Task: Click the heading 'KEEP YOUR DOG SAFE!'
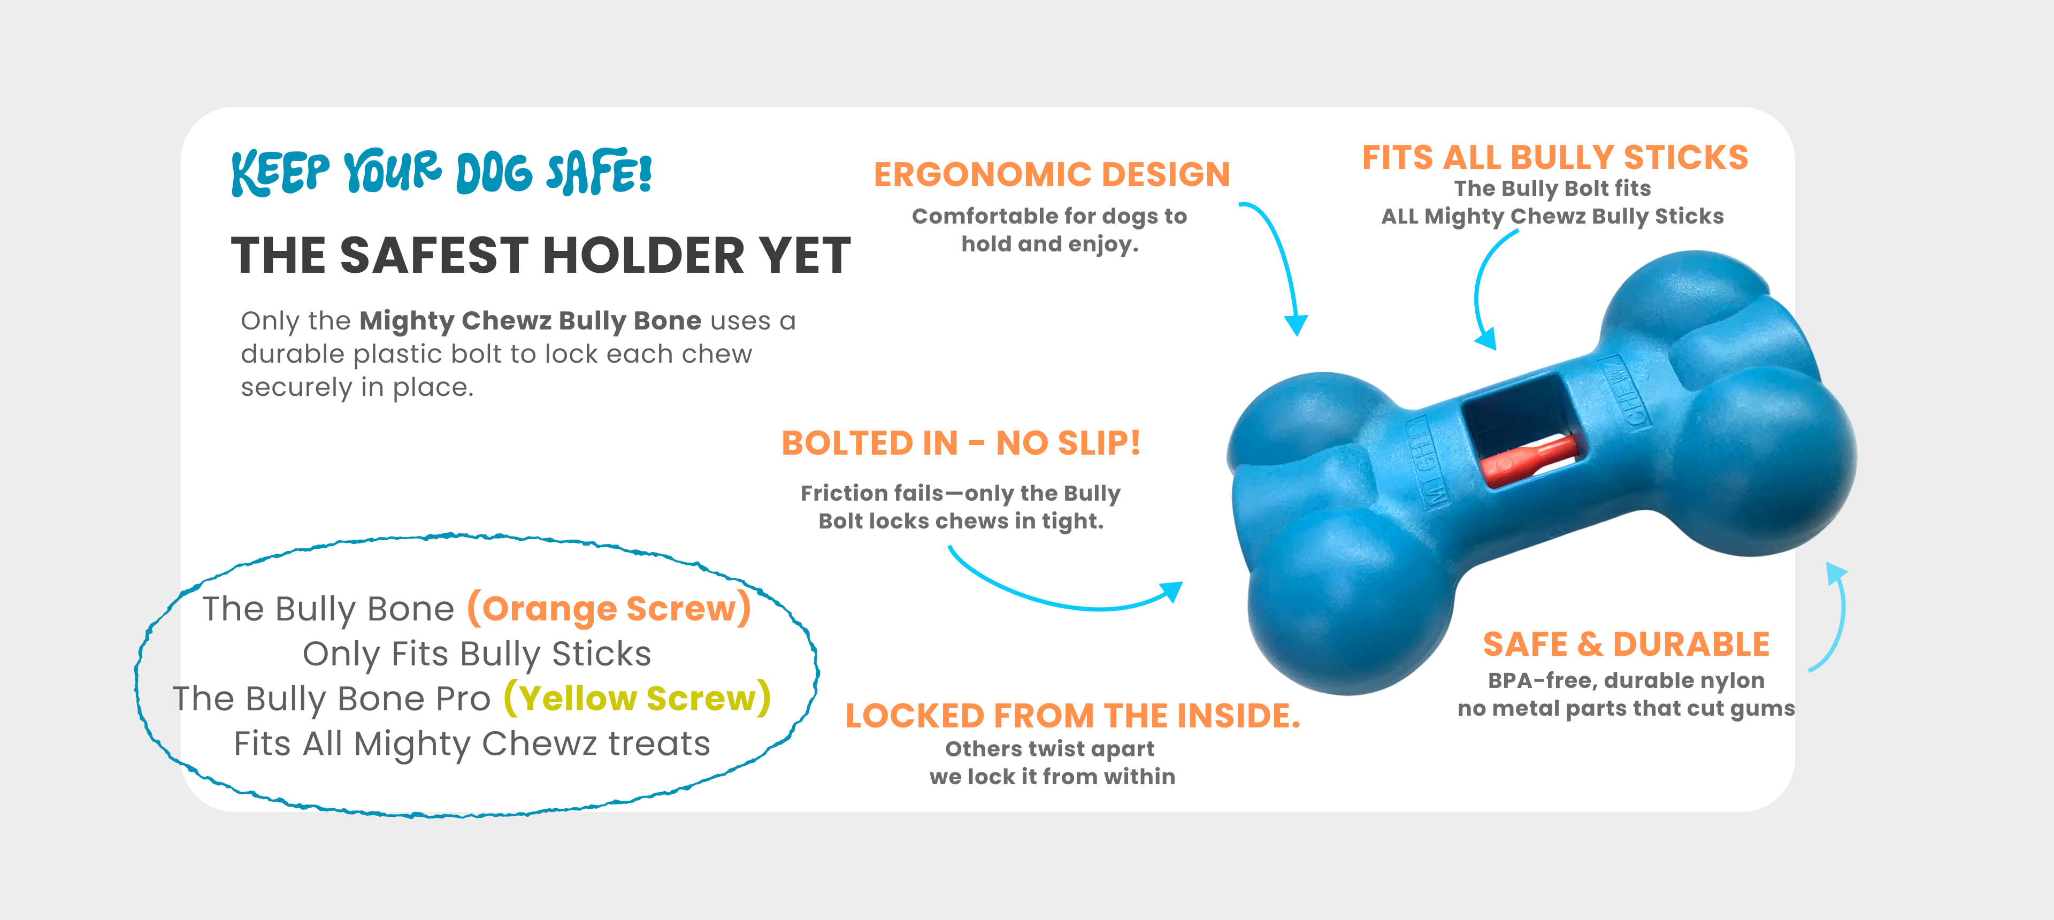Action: (x=442, y=172)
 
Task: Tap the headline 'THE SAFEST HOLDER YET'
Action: (x=541, y=255)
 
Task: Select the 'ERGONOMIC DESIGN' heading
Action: (x=1052, y=174)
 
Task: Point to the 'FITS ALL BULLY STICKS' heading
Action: (x=1555, y=158)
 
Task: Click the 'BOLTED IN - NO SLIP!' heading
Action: (x=961, y=443)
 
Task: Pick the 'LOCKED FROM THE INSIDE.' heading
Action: (x=1072, y=716)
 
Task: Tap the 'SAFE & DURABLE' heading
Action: (x=1626, y=644)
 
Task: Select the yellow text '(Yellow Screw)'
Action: (x=637, y=699)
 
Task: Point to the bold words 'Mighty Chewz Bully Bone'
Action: (x=530, y=320)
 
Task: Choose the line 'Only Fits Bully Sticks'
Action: (x=477, y=654)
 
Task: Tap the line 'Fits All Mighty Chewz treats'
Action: (x=472, y=744)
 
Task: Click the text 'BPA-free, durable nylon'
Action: (x=1626, y=681)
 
